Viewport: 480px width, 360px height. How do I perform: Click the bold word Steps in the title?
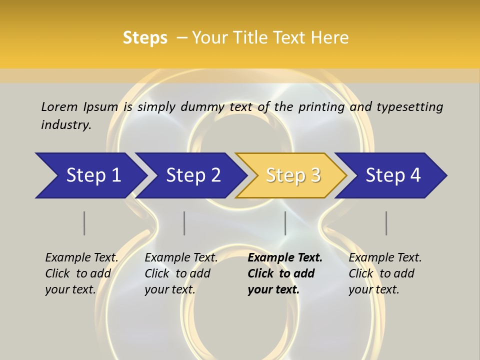coord(145,38)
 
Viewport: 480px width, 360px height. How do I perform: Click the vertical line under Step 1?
coord(84,223)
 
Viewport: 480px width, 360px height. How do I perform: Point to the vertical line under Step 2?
coord(184,223)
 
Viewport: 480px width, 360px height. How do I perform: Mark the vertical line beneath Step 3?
coord(285,223)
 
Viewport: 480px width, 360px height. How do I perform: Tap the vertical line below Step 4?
coord(386,223)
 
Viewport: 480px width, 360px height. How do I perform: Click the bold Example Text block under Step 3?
coord(285,273)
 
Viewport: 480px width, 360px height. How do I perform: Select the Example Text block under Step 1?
coord(81,273)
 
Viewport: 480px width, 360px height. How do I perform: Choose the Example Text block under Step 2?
coord(181,273)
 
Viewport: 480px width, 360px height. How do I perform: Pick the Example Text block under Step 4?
coord(385,273)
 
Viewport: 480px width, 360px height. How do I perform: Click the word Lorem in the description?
coord(59,107)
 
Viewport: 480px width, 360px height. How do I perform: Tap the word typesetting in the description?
coord(409,107)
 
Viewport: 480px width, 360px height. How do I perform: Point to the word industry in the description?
coord(66,125)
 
